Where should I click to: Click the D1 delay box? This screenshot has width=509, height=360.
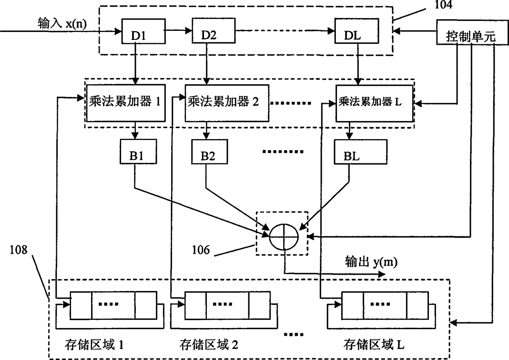coord(143,31)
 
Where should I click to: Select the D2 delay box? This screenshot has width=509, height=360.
coord(213,31)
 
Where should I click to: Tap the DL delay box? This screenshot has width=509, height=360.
coord(357,31)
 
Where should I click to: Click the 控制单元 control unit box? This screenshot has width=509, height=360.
coord(472,32)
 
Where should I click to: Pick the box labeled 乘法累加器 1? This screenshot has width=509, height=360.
coord(126,103)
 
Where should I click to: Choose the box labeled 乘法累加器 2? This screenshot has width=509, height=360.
coord(227,103)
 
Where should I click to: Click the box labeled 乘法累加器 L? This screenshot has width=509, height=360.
coord(374,103)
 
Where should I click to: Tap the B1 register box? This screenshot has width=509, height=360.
coord(138,151)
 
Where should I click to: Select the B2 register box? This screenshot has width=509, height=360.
coord(209,151)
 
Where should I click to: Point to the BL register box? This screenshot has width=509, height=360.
coord(360,152)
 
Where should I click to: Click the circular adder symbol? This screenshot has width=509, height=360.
coord(284,236)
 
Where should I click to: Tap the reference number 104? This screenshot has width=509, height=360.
coord(443,5)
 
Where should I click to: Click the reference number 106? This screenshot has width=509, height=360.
coord(201,250)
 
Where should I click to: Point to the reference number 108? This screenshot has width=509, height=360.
coord(18,250)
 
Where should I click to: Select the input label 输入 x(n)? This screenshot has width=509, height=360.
coord(62,23)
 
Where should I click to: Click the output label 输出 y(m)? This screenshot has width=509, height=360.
coord(371,262)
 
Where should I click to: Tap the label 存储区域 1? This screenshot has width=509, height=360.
coord(94,345)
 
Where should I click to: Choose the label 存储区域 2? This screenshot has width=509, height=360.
coord(209,345)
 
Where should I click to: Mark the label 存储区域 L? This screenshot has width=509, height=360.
coord(374,344)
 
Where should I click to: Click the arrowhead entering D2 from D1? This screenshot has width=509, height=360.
coord(188,30)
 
